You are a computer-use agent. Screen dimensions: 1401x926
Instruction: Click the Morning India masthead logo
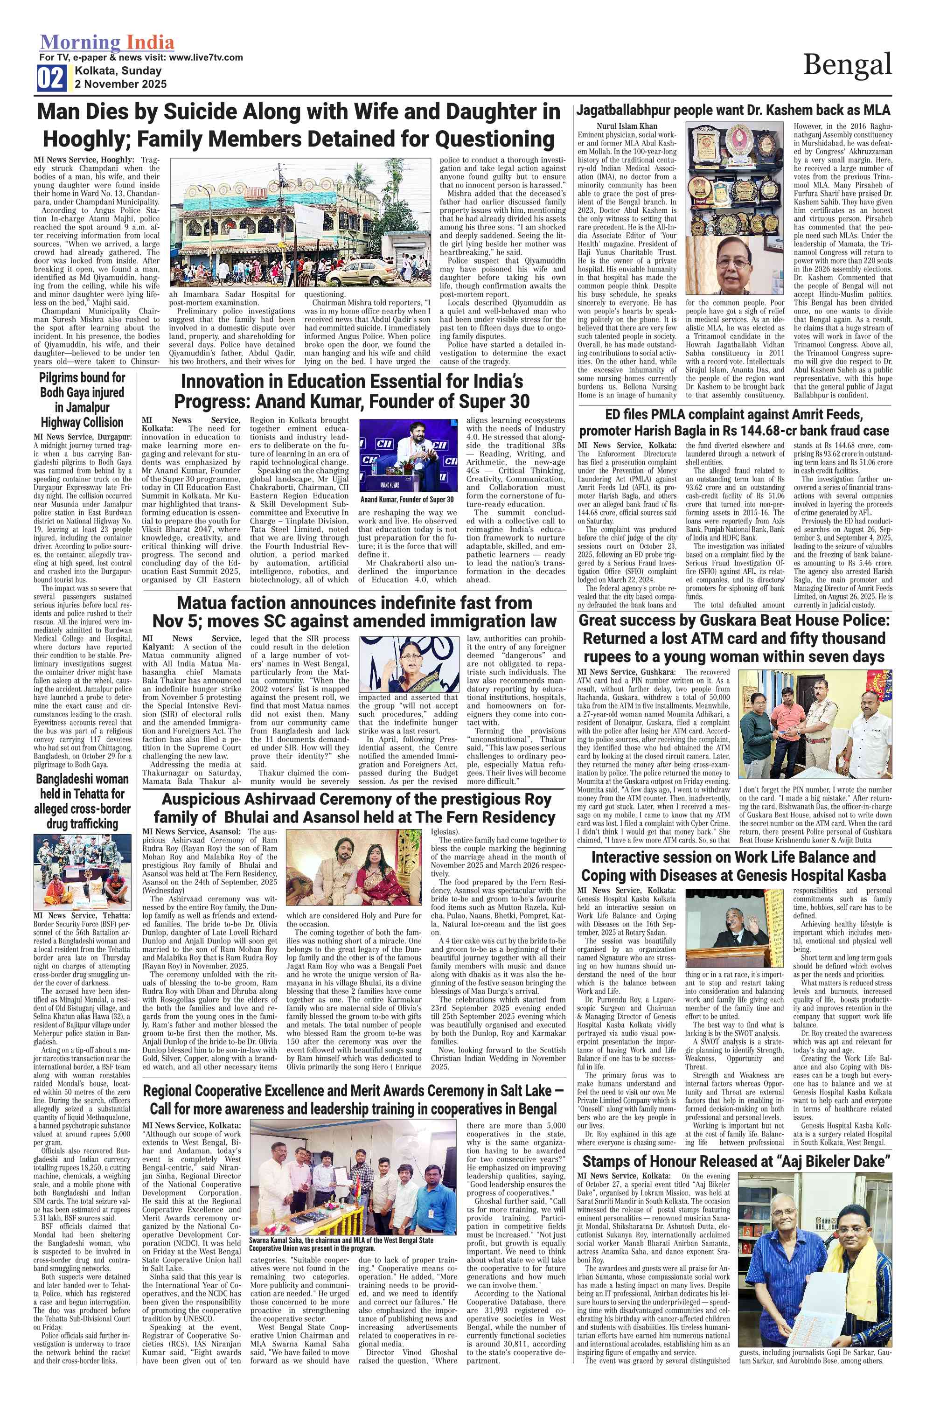pyautogui.click(x=107, y=42)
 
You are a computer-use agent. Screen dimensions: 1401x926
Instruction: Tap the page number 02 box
pyautogui.click(x=52, y=78)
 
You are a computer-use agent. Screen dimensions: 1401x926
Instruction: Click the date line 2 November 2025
pyautogui.click(x=120, y=84)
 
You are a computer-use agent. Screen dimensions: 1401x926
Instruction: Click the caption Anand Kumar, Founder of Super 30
pyautogui.click(x=408, y=500)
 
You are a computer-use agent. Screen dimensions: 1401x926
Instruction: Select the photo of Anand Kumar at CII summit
pyautogui.click(x=408, y=455)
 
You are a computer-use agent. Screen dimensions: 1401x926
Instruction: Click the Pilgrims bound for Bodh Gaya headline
pyautogui.click(x=82, y=400)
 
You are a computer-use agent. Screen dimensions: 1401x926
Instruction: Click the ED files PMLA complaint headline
pyautogui.click(x=733, y=422)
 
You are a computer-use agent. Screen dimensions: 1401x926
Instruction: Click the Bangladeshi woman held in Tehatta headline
pyautogui.click(x=82, y=801)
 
